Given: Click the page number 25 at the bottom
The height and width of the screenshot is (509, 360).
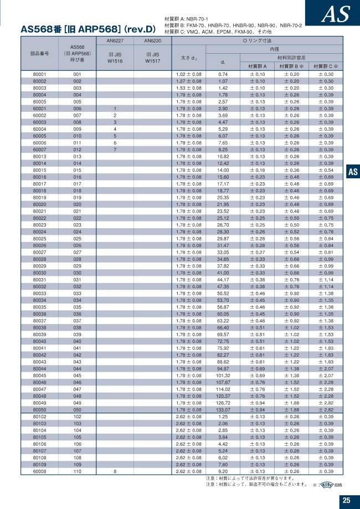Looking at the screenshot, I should coord(346,501).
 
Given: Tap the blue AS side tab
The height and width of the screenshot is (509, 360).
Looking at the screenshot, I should coord(353,172).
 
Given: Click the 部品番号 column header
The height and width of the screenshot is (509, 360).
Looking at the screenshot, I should coord(39,54).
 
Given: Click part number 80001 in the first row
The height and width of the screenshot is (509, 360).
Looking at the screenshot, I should coord(39,74).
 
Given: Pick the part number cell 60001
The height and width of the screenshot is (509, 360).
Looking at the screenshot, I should coord(39,109).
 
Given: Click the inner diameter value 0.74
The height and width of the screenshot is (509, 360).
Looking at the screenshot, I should coord(223,74).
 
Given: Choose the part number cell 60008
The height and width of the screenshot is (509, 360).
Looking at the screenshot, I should coord(39,471).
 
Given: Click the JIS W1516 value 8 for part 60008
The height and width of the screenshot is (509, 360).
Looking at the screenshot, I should coord(115,471).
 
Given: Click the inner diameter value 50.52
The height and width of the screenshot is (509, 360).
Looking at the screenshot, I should coord(223,293).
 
